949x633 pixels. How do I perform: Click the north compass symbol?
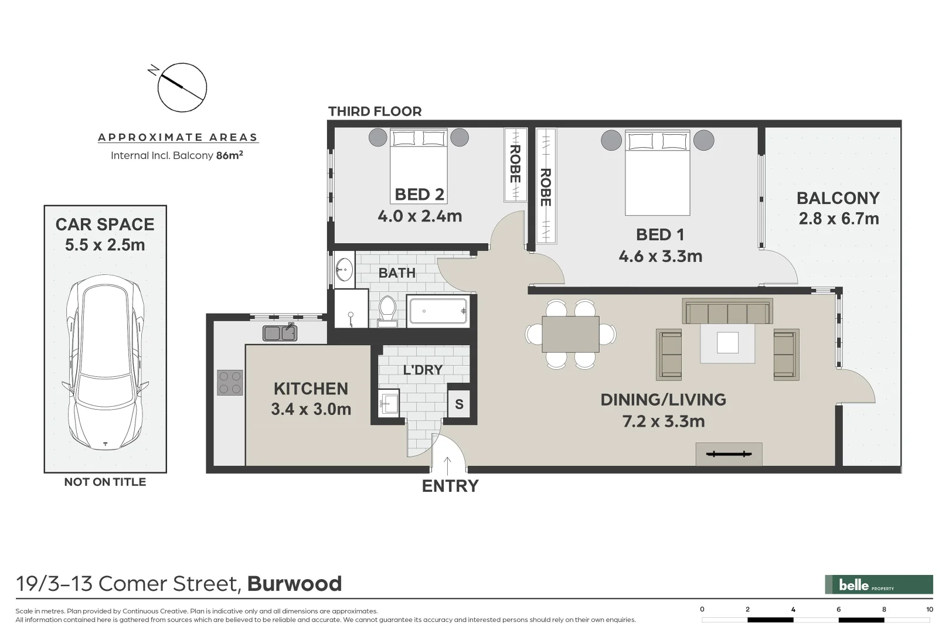point(182,87)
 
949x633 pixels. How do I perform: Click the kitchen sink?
point(280,333)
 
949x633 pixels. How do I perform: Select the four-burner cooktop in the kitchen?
point(230,382)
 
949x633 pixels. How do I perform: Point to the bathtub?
point(438,311)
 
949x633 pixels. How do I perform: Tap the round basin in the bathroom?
point(343,271)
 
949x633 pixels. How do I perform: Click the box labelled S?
point(459,404)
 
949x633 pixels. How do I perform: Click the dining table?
point(570,334)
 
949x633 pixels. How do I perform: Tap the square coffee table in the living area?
point(727,343)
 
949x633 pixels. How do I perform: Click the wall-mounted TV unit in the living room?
point(729,454)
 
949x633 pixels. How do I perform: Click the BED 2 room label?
point(419,194)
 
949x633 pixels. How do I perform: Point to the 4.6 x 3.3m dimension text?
point(660,256)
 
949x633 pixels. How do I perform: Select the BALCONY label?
point(838,198)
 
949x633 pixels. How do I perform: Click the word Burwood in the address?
point(294,584)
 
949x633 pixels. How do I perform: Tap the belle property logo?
point(878,584)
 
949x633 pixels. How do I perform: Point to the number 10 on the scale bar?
point(929,610)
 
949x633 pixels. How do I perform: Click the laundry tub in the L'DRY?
point(389,402)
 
